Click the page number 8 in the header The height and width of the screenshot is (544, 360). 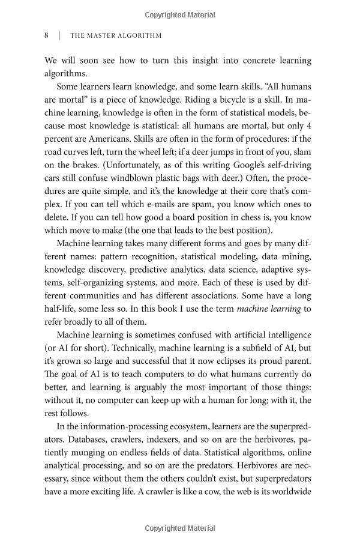46,35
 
